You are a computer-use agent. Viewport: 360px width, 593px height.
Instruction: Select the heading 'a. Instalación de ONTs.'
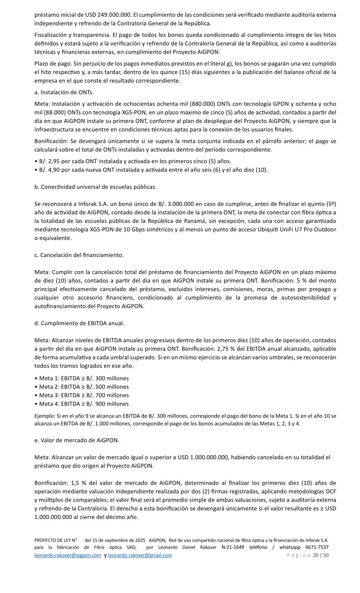coord(64,92)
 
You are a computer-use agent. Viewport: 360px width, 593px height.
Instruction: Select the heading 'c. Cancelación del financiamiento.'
coord(79,255)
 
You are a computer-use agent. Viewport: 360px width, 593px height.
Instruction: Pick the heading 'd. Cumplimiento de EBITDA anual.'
coord(79,323)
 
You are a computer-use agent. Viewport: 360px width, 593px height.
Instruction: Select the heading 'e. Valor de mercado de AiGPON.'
coord(77,440)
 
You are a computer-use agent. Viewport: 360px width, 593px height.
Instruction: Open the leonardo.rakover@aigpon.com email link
coord(68,555)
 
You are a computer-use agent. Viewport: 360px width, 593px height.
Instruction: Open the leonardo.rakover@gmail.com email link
coord(140,555)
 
